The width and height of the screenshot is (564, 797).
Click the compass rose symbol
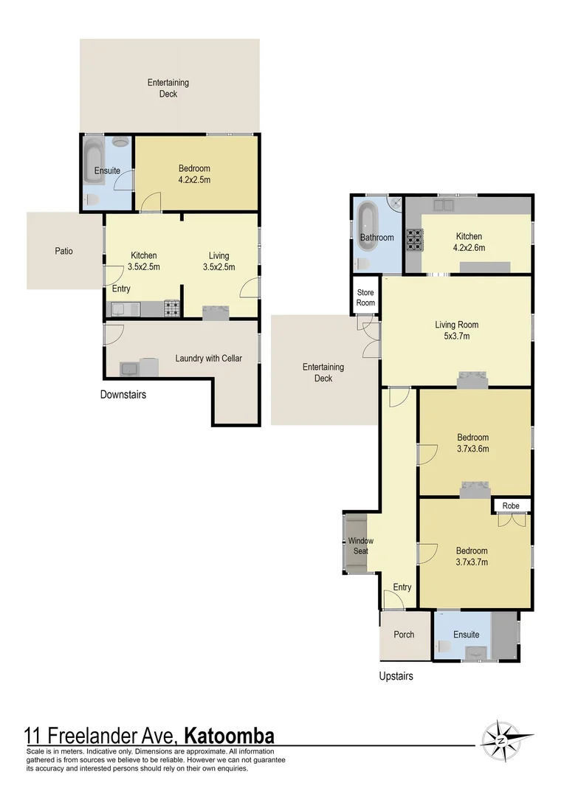click(501, 739)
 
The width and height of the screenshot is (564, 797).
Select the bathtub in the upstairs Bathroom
click(368, 224)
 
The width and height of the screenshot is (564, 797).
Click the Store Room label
click(365, 298)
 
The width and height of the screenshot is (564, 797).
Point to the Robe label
click(511, 506)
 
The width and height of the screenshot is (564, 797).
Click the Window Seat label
click(361, 546)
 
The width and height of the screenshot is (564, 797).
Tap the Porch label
click(404, 635)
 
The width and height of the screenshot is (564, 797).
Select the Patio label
click(64, 251)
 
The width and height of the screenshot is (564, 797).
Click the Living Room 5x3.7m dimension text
click(456, 337)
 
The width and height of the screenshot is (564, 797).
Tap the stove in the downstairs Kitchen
click(171, 309)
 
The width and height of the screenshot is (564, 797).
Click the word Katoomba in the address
click(229, 736)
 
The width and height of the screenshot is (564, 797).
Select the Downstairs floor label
click(123, 395)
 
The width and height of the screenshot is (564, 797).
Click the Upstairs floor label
click(396, 676)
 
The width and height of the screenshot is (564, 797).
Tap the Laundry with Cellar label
click(208, 359)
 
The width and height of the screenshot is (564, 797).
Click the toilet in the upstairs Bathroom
click(362, 263)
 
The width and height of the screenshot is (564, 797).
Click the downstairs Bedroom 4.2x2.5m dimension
click(194, 179)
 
